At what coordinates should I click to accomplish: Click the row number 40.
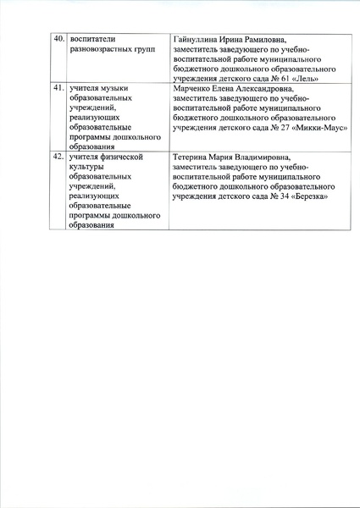(x=58, y=40)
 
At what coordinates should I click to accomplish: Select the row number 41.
(x=58, y=88)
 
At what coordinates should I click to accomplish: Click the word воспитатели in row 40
(x=93, y=40)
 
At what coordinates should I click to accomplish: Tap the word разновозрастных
(x=102, y=50)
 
